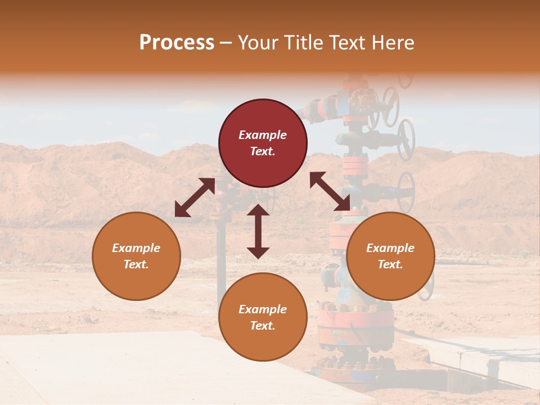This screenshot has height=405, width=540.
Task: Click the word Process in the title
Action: pyautogui.click(x=177, y=43)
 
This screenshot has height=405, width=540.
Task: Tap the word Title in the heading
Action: pyautogui.click(x=305, y=43)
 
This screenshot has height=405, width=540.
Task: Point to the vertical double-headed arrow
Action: pyautogui.click(x=258, y=231)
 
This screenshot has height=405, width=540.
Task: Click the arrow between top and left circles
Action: pyautogui.click(x=195, y=197)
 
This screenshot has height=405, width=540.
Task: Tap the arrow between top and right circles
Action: pyautogui.click(x=330, y=192)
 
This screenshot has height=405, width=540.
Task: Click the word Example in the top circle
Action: pyautogui.click(x=263, y=135)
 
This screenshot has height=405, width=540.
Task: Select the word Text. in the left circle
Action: pyautogui.click(x=136, y=264)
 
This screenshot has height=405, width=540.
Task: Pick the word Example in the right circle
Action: pyautogui.click(x=390, y=248)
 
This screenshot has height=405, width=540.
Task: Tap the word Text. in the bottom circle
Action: pyautogui.click(x=263, y=326)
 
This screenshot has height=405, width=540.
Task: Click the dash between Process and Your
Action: pyautogui.click(x=226, y=43)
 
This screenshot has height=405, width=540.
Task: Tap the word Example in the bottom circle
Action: pyautogui.click(x=263, y=309)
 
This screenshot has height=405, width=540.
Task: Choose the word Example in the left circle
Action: pyautogui.click(x=136, y=248)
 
